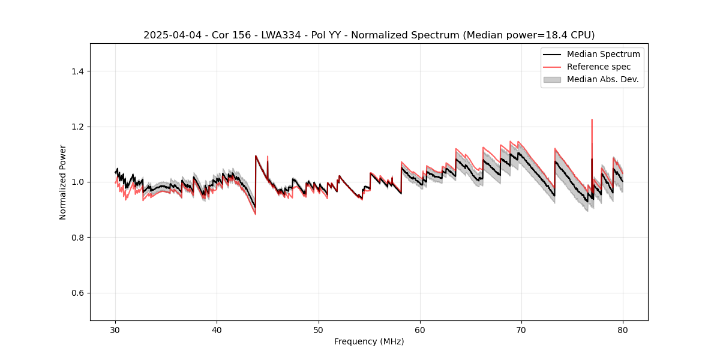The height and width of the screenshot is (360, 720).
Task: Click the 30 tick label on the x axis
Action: coord(115,330)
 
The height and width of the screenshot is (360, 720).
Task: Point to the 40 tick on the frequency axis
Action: coord(217,330)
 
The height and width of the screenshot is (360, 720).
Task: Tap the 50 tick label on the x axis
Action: coord(318,330)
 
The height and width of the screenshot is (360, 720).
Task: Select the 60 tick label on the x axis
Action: coord(420,330)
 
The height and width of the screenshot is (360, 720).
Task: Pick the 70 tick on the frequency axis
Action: coord(521,330)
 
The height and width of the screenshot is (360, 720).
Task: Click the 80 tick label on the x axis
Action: coord(623,330)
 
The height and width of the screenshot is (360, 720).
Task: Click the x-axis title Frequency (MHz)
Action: coord(369,342)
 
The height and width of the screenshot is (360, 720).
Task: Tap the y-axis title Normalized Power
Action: coord(63,182)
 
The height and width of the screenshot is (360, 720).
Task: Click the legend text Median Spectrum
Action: coord(603,54)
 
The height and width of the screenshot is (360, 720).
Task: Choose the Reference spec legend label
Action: coord(598,67)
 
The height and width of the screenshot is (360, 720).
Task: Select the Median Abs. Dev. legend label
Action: coord(602,79)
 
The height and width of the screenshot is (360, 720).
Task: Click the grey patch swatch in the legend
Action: coord(552,79)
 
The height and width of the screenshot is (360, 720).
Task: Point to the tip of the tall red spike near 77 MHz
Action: coord(592,119)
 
